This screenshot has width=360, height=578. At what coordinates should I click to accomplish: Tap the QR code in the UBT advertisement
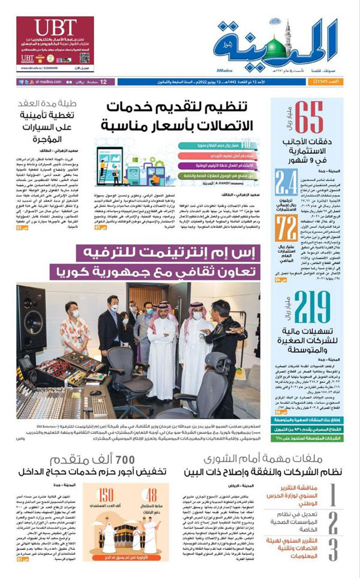click(85, 58)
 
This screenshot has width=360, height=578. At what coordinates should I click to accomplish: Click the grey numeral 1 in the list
click(333, 496)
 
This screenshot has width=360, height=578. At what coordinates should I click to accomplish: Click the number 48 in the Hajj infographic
click(152, 495)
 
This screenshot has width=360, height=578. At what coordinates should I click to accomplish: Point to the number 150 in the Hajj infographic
click(107, 495)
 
